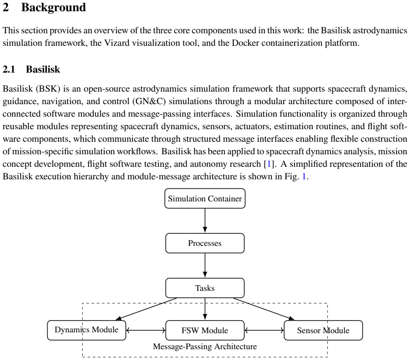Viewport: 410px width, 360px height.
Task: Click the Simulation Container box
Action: click(205, 198)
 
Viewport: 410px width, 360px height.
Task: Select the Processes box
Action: click(205, 243)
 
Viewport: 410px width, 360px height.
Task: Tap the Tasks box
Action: click(205, 288)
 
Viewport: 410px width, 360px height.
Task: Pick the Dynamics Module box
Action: click(86, 330)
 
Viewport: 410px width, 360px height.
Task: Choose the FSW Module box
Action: click(205, 330)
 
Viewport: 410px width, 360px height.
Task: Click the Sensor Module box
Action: click(323, 330)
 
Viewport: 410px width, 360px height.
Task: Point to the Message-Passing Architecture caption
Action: click(205, 347)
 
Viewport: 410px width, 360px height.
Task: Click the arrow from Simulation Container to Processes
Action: click(205, 220)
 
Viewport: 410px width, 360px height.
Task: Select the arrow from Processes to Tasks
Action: click(205, 265)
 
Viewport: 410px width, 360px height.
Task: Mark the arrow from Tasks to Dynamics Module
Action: click(146, 309)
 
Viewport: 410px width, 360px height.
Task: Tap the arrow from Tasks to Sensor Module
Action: click(264, 309)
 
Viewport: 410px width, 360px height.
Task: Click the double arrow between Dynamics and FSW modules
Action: click(146, 331)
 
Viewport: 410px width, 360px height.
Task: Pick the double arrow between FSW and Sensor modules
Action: click(264, 331)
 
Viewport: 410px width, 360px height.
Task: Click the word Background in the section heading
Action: click(54, 7)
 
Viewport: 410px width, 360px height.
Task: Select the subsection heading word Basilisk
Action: click(43, 70)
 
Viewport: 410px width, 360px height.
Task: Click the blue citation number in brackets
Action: click(269, 164)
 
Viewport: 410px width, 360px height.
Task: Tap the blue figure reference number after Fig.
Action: click(304, 177)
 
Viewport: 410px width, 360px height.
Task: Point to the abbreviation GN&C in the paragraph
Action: click(149, 102)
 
